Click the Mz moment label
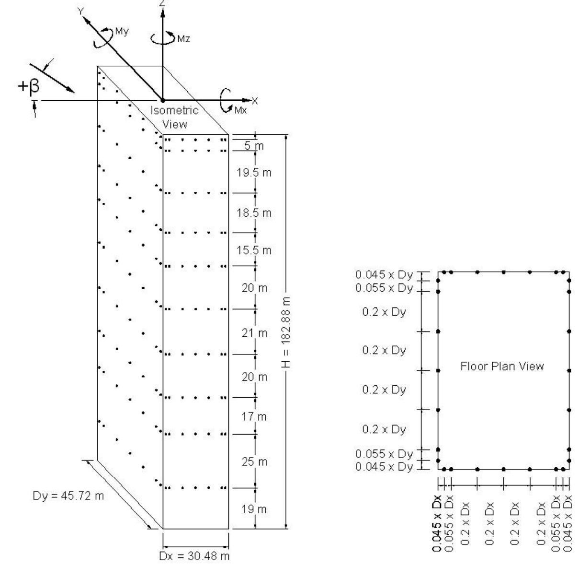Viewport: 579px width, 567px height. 183,39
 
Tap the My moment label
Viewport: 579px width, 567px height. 122,31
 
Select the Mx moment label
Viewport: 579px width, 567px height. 240,110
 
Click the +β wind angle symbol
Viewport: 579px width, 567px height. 29,86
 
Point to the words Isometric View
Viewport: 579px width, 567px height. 175,117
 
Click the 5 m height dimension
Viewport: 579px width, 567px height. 254,146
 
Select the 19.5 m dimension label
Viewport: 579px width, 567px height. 254,173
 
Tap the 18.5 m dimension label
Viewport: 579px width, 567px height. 254,213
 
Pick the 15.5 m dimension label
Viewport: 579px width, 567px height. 254,250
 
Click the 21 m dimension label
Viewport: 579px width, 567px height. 254,333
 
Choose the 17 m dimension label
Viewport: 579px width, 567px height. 254,416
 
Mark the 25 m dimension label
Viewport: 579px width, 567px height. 254,461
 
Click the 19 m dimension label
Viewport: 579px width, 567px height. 254,509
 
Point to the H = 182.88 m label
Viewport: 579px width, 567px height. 286,332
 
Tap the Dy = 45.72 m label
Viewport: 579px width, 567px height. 68,496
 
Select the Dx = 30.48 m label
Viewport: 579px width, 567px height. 194,556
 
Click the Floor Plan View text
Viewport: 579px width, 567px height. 502,366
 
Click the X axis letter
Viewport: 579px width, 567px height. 255,101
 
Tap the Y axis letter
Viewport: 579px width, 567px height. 80,12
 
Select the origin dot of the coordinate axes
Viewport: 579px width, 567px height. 162,100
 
